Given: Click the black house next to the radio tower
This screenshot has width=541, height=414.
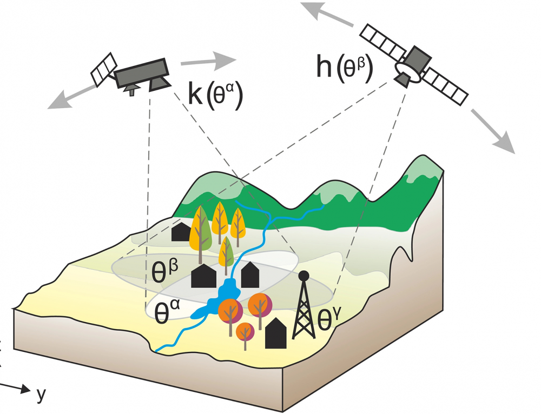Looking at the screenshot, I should tap(275, 333).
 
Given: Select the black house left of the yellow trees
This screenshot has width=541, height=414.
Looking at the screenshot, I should tap(180, 232).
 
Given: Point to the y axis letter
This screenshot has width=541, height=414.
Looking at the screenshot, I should tap(41, 395).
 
